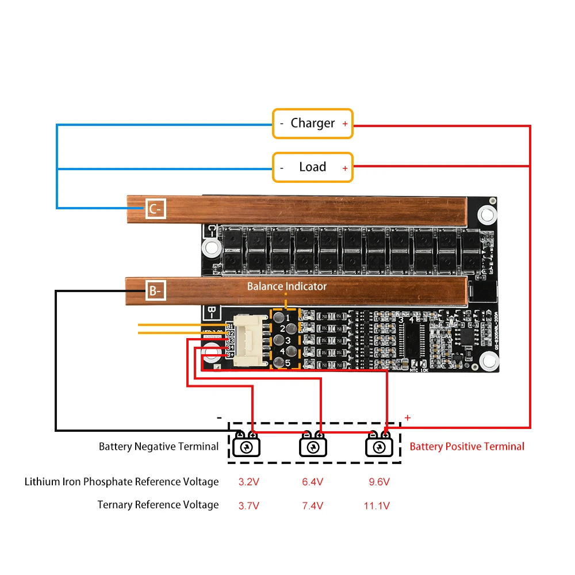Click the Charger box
[x=312, y=123]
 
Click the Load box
[x=312, y=167]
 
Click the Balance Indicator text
[x=286, y=286]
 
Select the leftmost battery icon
[x=246, y=445]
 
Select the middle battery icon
[x=313, y=445]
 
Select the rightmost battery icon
[x=379, y=445]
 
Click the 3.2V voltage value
[x=249, y=482]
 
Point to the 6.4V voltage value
[x=313, y=482]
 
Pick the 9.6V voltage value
[x=379, y=482]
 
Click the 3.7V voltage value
[x=249, y=506]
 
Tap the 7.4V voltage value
[x=313, y=506]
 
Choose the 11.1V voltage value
[x=377, y=506]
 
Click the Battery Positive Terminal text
[x=467, y=446]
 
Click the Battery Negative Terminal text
[x=159, y=446]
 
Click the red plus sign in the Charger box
[x=345, y=124]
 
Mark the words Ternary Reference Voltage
[x=158, y=505]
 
